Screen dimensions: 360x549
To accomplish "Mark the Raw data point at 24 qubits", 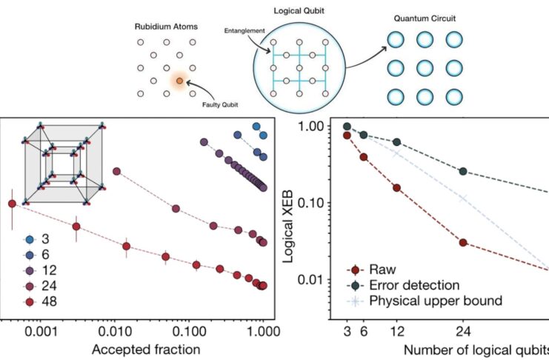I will pyautogui.click(x=463, y=242).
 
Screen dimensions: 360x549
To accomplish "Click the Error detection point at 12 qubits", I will pyautogui.click(x=396, y=141).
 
